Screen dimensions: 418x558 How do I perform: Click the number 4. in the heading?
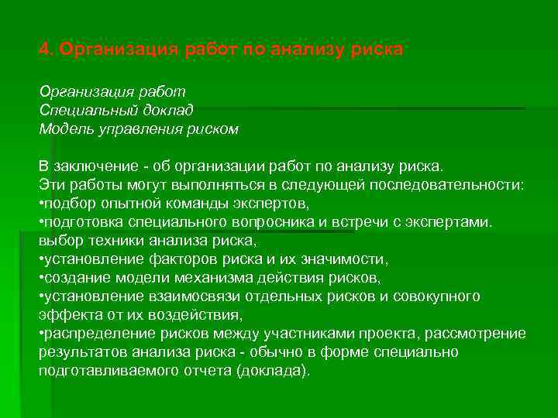tap(46, 50)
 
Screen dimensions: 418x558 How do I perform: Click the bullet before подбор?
tap(42, 204)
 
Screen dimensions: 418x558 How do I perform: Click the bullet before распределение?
tap(42, 334)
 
